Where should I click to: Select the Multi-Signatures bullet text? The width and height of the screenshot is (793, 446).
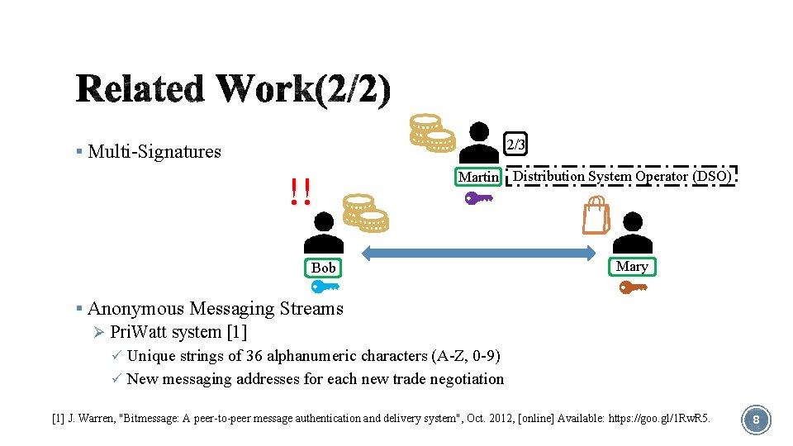154,151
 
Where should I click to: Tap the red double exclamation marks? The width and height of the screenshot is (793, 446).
302,192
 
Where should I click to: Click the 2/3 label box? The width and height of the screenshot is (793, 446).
515,145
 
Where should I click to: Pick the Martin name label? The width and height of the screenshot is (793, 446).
479,177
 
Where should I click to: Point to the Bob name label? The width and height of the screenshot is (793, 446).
324,268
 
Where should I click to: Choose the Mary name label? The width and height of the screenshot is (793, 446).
632,266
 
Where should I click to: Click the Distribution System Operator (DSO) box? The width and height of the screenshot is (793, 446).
621,176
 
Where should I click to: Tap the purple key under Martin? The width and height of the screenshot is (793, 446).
478,198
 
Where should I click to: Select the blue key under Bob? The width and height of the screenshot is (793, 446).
325,287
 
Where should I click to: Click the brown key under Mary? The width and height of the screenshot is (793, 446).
634,287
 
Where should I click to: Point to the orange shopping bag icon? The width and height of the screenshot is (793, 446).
596,217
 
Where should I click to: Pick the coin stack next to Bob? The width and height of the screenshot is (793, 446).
364,213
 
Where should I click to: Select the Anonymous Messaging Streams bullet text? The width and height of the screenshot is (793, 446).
215,309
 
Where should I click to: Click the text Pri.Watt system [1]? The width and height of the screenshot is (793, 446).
178,333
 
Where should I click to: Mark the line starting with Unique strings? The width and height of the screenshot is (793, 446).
313,356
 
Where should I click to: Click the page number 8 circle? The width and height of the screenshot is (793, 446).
756,420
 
